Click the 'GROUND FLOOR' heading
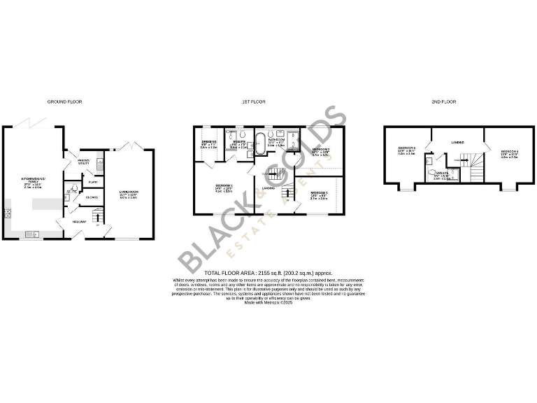[64, 101]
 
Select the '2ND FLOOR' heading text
[444, 101]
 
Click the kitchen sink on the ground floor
[31, 234]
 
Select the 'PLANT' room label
[92, 183]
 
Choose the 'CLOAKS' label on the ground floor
[92, 197]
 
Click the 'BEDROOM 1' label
[224, 186]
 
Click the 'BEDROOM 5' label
[406, 148]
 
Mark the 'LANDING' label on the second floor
[458, 142]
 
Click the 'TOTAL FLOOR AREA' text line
[268, 272]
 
